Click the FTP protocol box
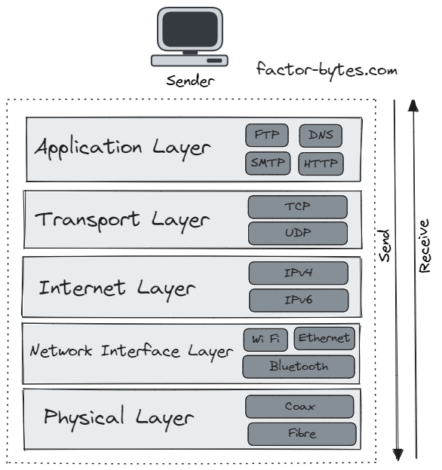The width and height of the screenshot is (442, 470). tap(267, 136)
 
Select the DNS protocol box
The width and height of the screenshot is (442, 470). tap(321, 136)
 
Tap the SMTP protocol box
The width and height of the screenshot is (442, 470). tap(267, 163)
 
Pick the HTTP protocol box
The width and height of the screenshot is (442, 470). tap(321, 163)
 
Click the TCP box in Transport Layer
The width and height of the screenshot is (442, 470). tap(298, 206)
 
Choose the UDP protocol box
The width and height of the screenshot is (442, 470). tap(298, 233)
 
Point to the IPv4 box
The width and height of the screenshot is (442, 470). tap(299, 273)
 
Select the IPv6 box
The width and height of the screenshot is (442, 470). tap(299, 301)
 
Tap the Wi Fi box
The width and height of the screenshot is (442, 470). tap(266, 340)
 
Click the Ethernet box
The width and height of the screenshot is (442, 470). tap(324, 338)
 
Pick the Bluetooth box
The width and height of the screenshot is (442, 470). tap(299, 367)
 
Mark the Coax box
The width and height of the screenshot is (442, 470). tap(299, 407)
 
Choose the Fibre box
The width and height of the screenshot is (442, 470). tap(301, 434)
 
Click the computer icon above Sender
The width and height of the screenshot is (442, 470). tap(189, 38)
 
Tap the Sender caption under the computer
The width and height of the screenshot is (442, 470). tap(189, 81)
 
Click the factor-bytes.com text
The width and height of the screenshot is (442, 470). tap(327, 72)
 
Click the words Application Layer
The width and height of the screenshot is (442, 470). tap(121, 147)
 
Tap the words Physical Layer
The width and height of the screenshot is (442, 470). tap(119, 417)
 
